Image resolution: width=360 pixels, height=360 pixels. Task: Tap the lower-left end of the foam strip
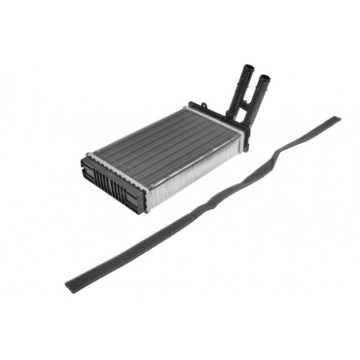[71, 286]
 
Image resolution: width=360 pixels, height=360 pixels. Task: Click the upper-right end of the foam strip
[334, 121]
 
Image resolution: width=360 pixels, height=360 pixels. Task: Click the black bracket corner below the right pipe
[246, 143]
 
